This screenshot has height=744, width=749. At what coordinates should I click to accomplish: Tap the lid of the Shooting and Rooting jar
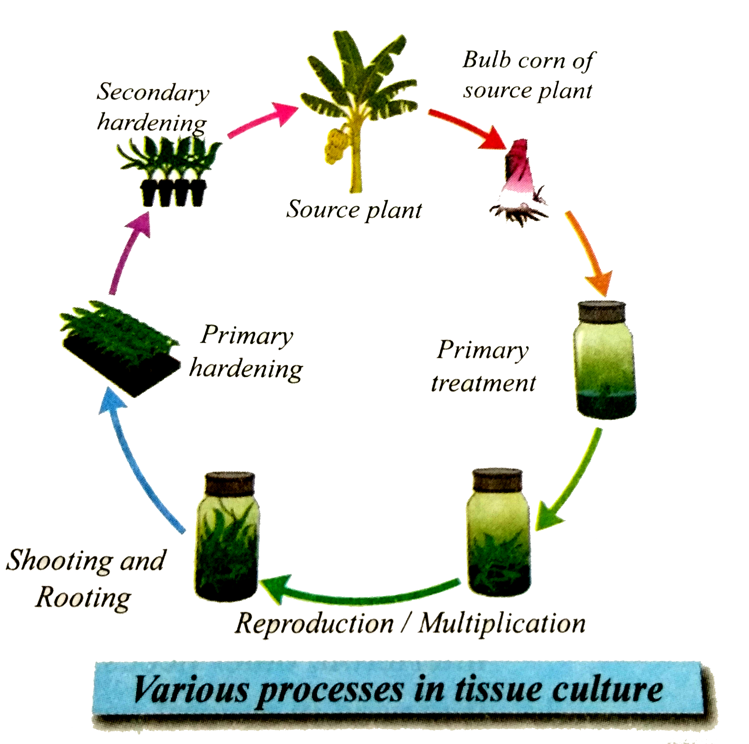click(229, 483)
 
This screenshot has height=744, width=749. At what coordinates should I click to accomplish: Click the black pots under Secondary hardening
click(173, 192)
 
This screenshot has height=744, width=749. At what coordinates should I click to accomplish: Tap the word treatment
click(483, 384)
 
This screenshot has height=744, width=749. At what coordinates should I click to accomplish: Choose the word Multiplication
click(502, 624)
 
